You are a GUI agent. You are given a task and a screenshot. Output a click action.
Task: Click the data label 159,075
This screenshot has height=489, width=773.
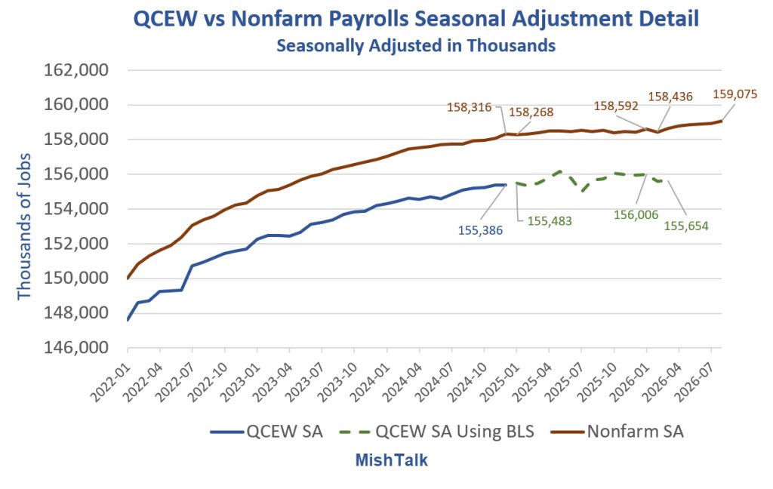(x=735, y=94)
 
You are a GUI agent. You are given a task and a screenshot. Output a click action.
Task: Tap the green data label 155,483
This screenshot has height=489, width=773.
(x=550, y=221)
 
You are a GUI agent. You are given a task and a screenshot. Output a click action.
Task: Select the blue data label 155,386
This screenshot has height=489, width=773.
(x=480, y=230)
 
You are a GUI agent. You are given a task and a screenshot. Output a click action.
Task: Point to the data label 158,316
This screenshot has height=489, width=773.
(x=469, y=107)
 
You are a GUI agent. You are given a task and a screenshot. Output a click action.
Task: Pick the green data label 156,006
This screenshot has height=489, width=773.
(x=636, y=215)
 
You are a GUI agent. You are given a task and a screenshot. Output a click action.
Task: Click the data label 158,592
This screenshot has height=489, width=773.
(x=616, y=106)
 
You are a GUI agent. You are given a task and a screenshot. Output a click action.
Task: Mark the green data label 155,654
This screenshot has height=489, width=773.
(x=685, y=226)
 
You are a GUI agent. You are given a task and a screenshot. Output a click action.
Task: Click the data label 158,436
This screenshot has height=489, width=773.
(x=670, y=97)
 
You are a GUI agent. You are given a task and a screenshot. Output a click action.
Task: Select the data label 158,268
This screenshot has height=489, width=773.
(x=531, y=112)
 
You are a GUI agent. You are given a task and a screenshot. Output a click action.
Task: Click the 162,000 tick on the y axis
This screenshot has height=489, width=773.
(x=76, y=70)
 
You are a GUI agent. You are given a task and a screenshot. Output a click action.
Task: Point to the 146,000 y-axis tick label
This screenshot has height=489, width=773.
(x=76, y=348)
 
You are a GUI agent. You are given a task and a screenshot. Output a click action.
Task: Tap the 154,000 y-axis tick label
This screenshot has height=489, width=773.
(x=76, y=209)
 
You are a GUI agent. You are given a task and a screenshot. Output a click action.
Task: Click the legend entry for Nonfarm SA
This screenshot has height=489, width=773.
(x=617, y=432)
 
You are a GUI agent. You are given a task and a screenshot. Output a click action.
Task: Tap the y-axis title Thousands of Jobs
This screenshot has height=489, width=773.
(x=24, y=226)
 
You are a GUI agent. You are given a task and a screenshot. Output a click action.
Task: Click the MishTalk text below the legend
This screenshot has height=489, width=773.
(x=392, y=460)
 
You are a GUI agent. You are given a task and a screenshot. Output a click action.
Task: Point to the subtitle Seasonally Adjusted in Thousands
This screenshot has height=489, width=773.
(x=416, y=45)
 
